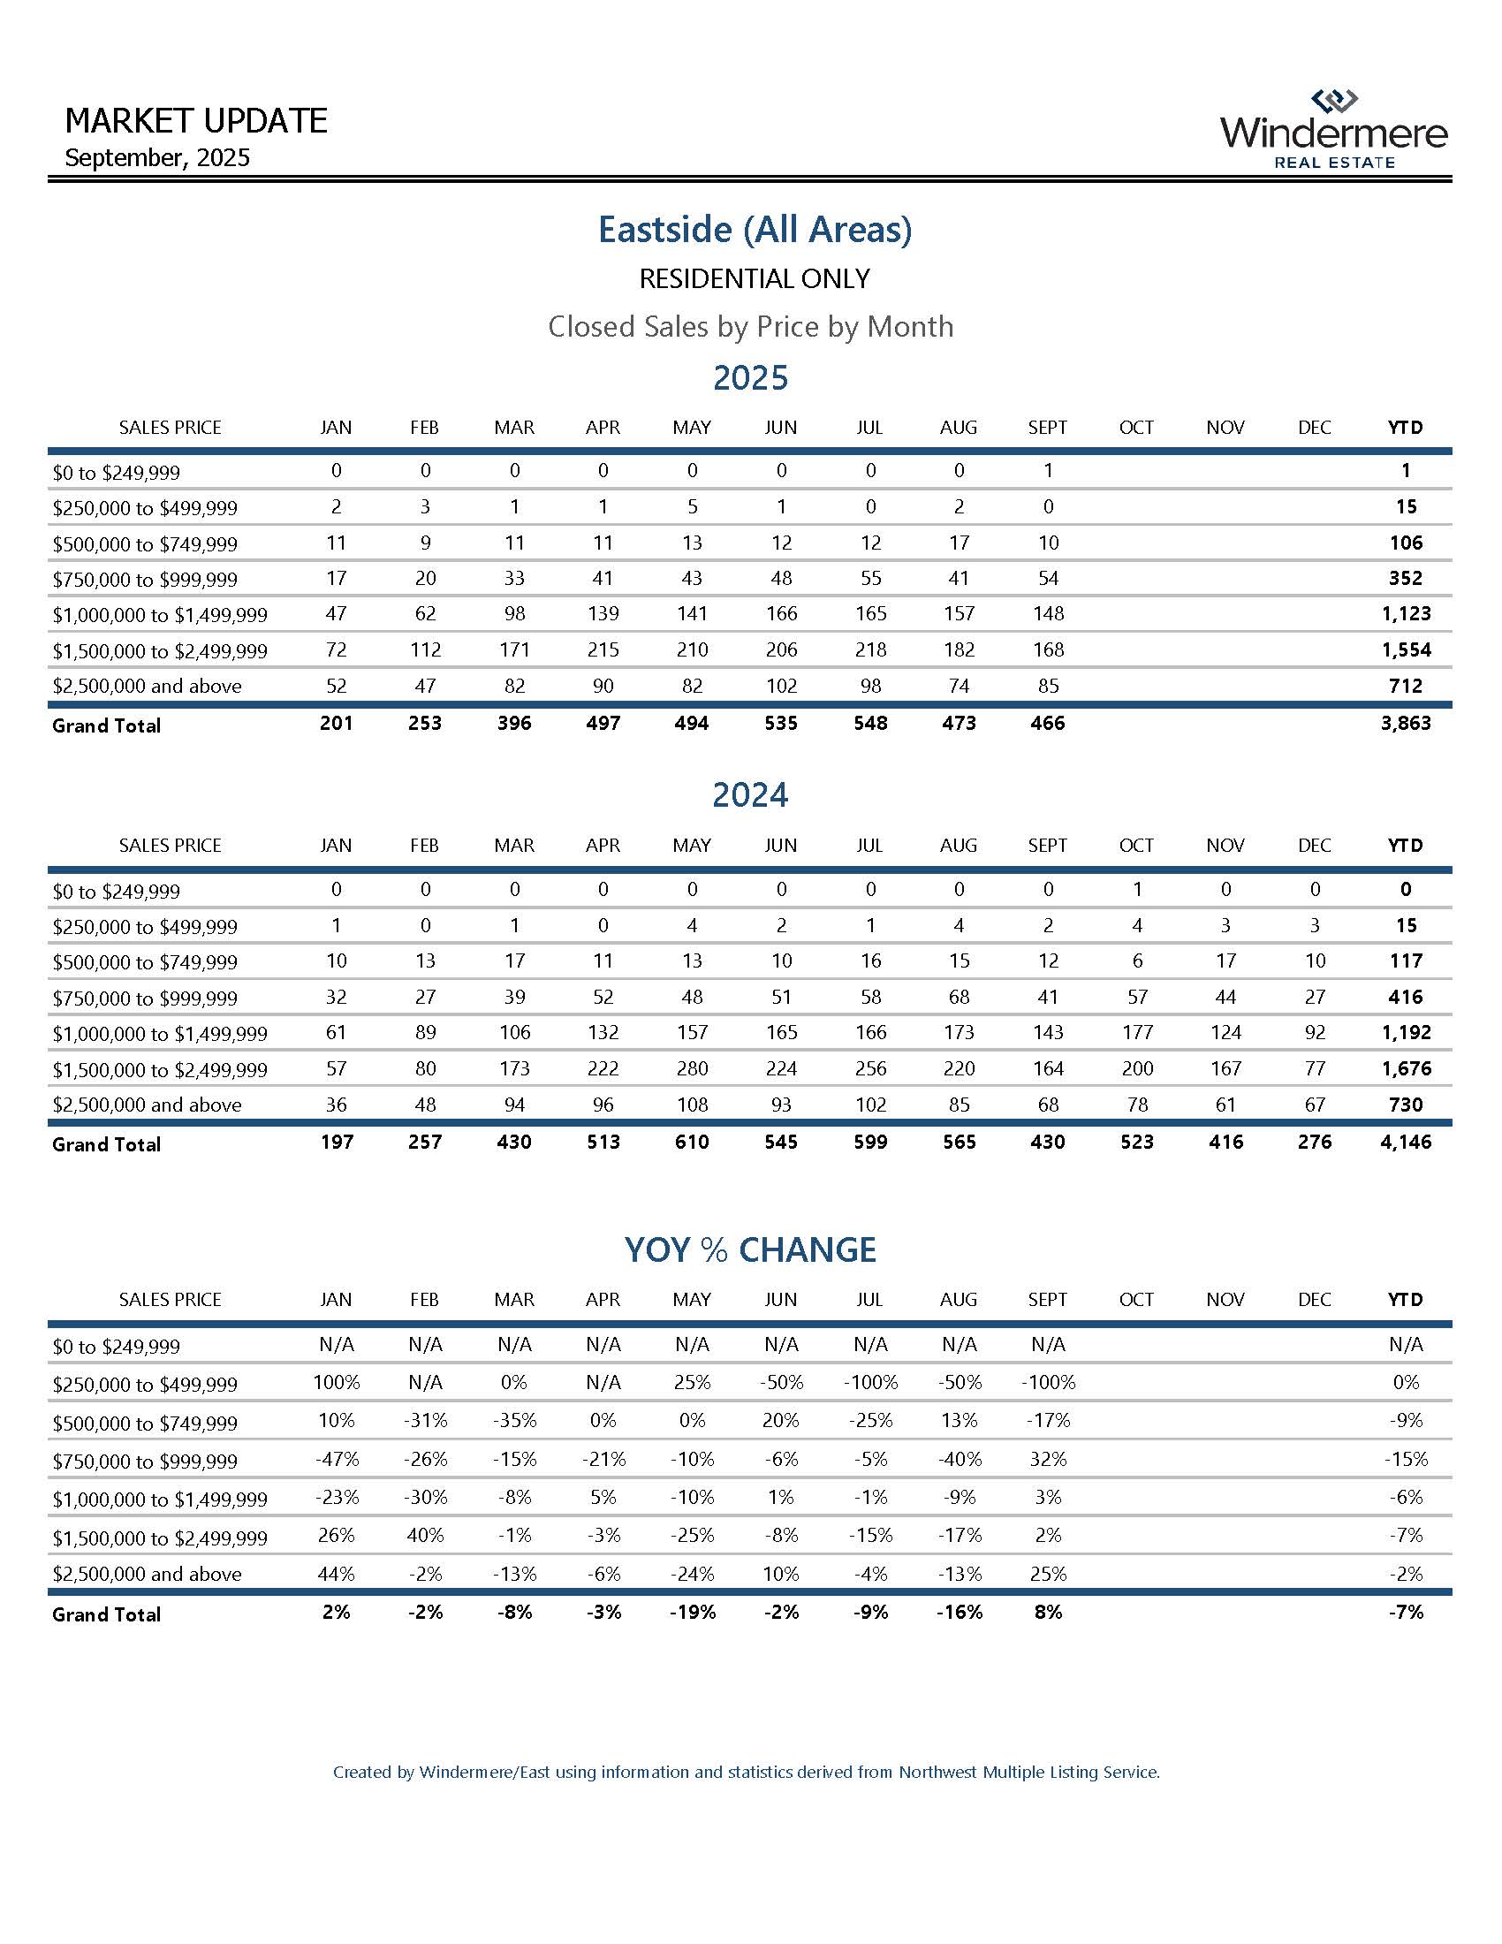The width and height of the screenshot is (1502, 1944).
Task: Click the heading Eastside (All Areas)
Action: tap(755, 230)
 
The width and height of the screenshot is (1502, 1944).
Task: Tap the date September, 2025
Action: tap(157, 158)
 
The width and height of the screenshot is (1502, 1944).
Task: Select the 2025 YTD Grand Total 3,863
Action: tap(1405, 724)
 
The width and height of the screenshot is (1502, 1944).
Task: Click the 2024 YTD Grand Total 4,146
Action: tap(1405, 1142)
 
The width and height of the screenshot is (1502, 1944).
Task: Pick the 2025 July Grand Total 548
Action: tap(869, 724)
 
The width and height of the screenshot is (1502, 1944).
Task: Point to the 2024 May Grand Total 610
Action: tap(692, 1142)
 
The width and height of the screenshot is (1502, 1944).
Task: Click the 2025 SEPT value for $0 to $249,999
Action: tap(1047, 471)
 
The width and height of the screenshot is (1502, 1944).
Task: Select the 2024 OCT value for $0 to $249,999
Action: tap(1136, 889)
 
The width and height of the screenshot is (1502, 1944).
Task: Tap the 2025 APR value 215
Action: tap(603, 649)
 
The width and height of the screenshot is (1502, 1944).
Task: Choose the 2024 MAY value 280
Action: tap(692, 1068)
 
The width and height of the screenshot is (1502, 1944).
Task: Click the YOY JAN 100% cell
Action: tap(336, 1382)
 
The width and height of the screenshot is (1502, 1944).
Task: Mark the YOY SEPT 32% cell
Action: tap(1047, 1459)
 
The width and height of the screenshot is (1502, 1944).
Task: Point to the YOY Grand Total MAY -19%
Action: tap(692, 1612)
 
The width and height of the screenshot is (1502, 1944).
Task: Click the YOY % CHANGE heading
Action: tap(750, 1249)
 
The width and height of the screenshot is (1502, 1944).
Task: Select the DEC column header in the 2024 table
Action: tap(1315, 845)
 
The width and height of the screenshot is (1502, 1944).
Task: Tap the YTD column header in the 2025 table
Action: tap(1405, 428)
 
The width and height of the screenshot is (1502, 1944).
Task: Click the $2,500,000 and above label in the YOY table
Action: tap(147, 1574)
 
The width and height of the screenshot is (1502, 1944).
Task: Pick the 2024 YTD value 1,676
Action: tap(1405, 1068)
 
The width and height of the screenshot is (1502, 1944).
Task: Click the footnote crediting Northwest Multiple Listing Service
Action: tap(746, 1773)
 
